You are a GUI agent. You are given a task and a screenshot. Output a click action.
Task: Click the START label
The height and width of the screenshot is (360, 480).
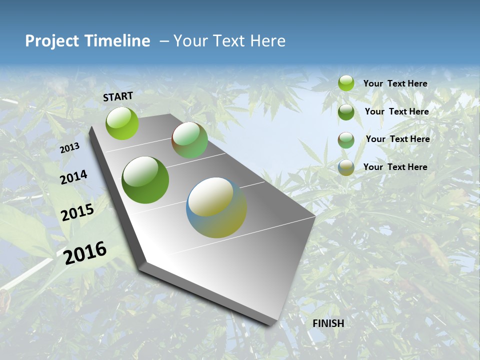tap(118, 96)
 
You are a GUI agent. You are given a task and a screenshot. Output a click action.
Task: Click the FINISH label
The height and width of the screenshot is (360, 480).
tap(328, 323)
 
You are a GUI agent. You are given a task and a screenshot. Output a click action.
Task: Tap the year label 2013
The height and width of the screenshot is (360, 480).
tap(70, 148)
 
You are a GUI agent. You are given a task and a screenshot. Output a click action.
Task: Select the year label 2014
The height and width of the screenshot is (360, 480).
tap(74, 177)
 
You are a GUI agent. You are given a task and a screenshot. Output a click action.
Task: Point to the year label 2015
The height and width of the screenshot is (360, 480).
tap(77, 212)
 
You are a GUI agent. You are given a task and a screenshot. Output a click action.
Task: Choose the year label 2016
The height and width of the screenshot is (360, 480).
tap(85, 252)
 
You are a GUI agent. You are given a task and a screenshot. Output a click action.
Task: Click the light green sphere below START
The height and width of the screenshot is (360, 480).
tap(122, 123)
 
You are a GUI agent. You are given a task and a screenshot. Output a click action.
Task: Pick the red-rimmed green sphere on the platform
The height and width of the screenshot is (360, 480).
tap(189, 140)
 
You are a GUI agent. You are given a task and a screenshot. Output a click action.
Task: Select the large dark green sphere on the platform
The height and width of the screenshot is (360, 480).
tap(145, 180)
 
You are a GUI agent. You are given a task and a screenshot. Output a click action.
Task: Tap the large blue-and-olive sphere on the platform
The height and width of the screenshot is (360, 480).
tap(216, 207)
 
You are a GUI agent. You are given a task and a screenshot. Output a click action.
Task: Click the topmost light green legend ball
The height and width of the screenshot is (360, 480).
tap(346, 83)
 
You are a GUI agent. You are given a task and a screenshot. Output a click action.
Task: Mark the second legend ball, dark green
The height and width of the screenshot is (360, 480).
tap(346, 112)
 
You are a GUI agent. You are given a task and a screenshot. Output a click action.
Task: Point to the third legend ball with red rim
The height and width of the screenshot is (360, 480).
tap(346, 140)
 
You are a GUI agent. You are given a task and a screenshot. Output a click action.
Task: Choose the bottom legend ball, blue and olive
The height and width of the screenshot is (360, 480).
tap(346, 167)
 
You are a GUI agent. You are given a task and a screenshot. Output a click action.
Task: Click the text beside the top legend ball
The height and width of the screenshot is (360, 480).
tap(395, 83)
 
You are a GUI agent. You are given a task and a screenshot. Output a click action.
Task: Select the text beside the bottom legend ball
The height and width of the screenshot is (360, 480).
tap(395, 167)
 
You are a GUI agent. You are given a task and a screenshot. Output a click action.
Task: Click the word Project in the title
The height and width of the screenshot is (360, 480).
tap(52, 41)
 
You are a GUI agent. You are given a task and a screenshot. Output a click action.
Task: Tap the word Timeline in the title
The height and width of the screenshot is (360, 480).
tap(118, 41)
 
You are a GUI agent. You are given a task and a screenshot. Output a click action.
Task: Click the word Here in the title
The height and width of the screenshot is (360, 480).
tap(268, 41)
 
